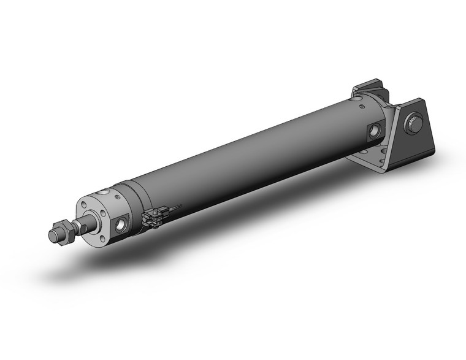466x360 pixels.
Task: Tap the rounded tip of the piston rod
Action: tap(53, 236)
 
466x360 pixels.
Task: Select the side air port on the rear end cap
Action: tap(373, 131)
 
